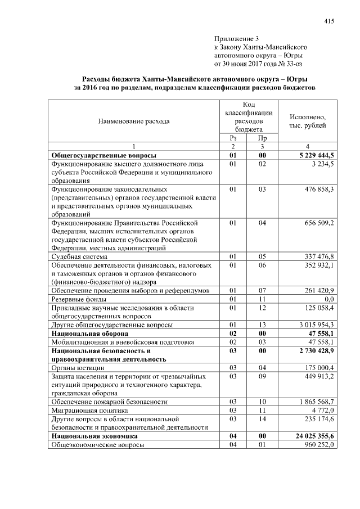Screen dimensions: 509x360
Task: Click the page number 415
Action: click(x=330, y=21)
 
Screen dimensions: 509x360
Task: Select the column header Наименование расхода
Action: click(x=133, y=121)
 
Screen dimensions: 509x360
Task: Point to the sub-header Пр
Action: click(x=262, y=138)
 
